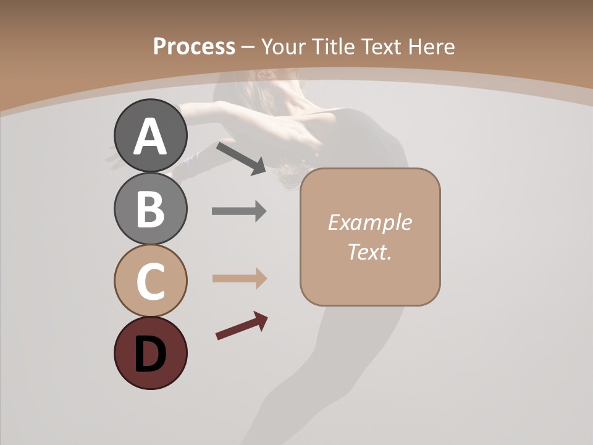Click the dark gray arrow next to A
241,158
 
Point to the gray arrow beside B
239,211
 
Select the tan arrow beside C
239,278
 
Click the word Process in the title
194,46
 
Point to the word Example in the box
369,222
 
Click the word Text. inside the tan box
369,252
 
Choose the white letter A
150,137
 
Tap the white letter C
150,281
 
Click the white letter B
150,209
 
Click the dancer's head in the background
272,83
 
